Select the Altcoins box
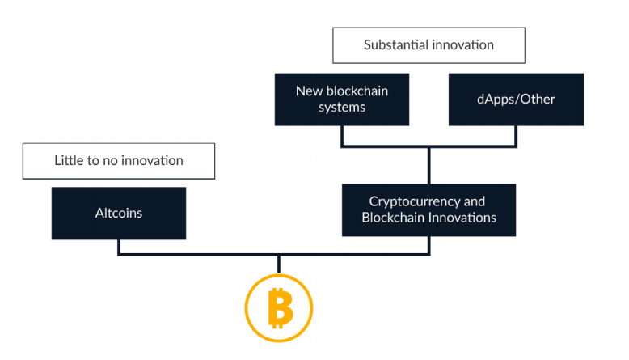point(119,213)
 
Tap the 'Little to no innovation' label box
point(119,161)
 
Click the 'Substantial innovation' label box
point(428,45)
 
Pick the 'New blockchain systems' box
point(342,100)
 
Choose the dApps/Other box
point(516,100)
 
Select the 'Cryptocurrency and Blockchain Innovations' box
point(428,210)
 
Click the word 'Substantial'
point(396,44)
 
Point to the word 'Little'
point(67,160)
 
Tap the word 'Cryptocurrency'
point(415,202)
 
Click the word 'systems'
point(342,108)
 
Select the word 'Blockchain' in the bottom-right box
point(394,218)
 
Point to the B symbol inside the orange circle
point(280,308)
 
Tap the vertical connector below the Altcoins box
point(119,247)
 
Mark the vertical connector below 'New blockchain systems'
point(342,136)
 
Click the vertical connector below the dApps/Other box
point(516,136)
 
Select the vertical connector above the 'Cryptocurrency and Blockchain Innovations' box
point(428,166)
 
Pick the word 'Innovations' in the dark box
point(462,218)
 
